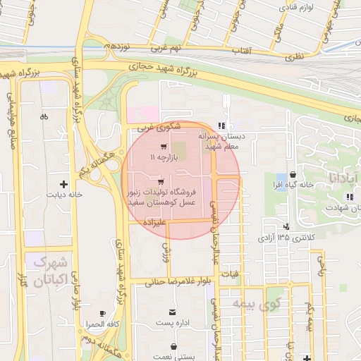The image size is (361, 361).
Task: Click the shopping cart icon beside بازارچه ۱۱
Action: pos(164,147)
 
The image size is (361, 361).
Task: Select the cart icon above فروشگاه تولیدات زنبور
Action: pos(161,181)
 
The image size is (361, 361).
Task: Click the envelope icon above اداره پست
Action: pos(173,312)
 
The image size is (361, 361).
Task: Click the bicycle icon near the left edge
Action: pos(44,117)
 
